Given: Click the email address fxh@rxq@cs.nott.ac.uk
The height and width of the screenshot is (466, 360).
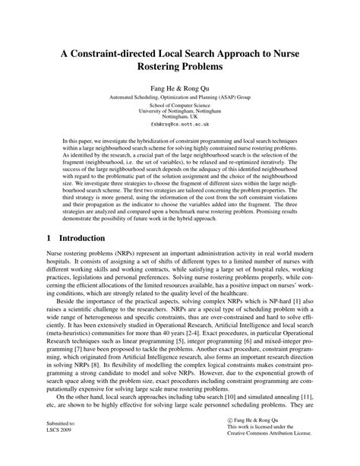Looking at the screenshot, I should [x=179, y=122].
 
